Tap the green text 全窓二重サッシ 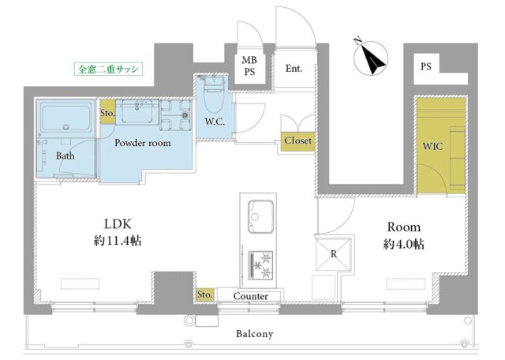[110, 69]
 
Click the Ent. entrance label [294, 68]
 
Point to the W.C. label [217, 122]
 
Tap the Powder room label [143, 143]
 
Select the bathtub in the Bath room [65, 118]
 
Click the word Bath [65, 156]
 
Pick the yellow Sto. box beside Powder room [108, 113]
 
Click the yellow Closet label [298, 142]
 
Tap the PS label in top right [425, 66]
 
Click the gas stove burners [261, 263]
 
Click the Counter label [251, 296]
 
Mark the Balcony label [255, 334]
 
